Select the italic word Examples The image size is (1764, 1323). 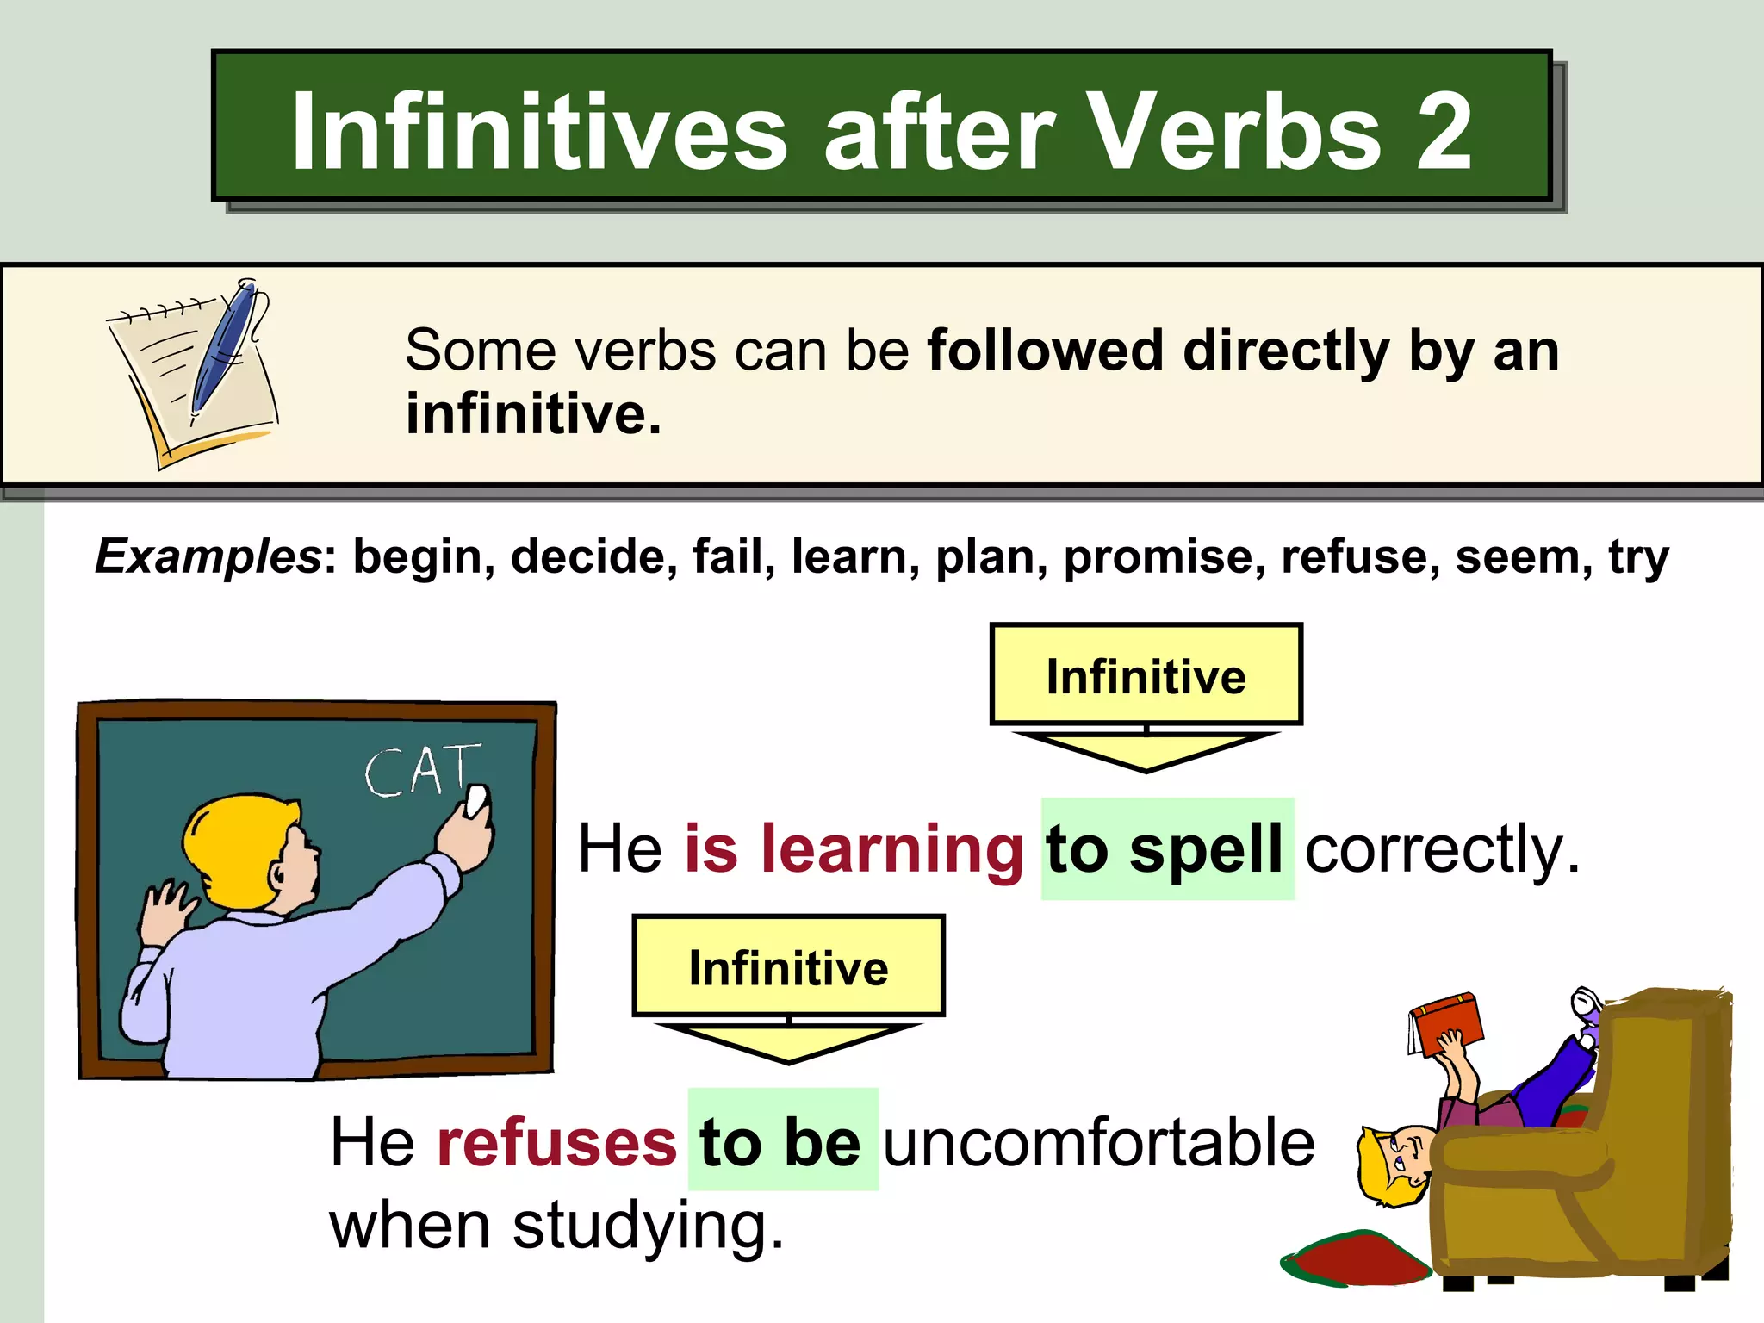point(208,556)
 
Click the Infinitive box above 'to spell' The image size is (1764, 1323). point(1146,675)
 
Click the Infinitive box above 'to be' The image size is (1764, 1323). point(788,966)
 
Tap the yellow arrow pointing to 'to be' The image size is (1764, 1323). point(788,1042)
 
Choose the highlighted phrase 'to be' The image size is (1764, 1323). point(781,1142)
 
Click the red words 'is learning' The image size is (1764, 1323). point(854,849)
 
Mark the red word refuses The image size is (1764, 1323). point(556,1142)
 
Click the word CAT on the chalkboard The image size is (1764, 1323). point(421,770)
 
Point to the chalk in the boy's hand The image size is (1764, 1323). point(475,800)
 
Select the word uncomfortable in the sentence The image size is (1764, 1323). point(1099,1142)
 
